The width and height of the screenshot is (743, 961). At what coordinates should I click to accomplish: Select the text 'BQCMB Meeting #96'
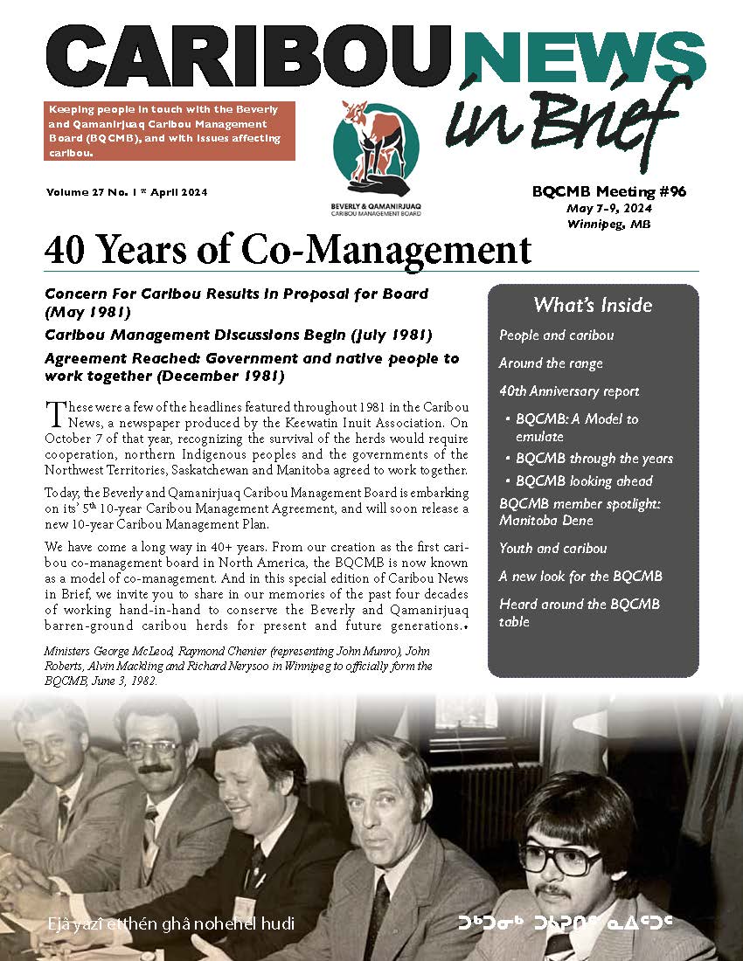coord(608,192)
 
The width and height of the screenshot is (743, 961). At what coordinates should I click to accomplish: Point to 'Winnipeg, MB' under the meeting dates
coord(608,224)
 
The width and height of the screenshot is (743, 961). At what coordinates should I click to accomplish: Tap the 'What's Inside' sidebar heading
coord(593,305)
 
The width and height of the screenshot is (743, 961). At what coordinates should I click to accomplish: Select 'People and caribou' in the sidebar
coord(556,335)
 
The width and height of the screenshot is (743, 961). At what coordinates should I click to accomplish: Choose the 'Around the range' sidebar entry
coord(551,363)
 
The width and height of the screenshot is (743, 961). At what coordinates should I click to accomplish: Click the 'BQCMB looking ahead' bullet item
coord(584,480)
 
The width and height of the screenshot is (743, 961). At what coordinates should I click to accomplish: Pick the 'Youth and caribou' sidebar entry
coord(552,549)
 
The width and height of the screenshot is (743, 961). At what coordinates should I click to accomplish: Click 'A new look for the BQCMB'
coord(580,577)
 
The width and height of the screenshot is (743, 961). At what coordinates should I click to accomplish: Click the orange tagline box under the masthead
coord(170,131)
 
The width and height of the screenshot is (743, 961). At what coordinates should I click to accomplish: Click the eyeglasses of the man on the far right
coord(561,859)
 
